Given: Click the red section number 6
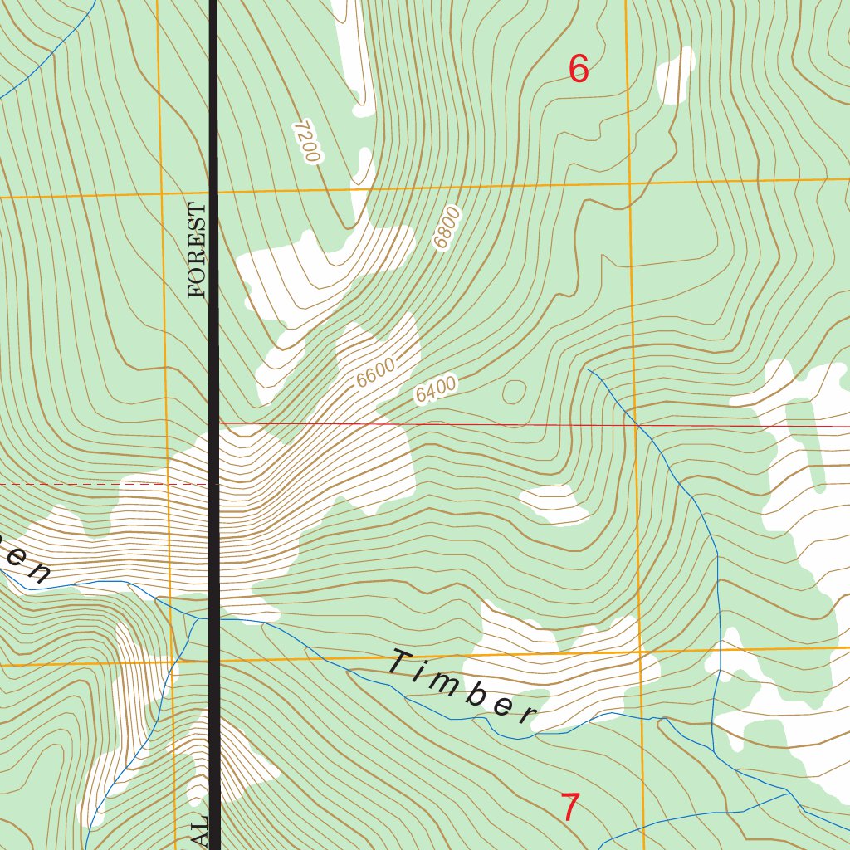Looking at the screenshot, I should click(579, 69).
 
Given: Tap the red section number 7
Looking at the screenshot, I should click(569, 808).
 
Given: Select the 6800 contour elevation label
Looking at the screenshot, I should click(446, 229).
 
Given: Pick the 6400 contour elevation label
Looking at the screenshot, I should click(436, 390).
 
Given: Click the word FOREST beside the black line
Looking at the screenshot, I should click(197, 249).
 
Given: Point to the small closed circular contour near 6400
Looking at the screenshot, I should click(514, 391).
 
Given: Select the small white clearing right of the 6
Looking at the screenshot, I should click(675, 76).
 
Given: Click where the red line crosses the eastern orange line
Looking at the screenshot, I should click(635, 426).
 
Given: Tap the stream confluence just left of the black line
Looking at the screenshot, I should click(199, 618).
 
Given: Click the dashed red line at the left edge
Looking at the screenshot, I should click(83, 484).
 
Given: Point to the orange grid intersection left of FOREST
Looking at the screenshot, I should click(160, 195).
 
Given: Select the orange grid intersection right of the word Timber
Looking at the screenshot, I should click(642, 652).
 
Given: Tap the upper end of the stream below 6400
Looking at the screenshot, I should click(589, 369).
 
